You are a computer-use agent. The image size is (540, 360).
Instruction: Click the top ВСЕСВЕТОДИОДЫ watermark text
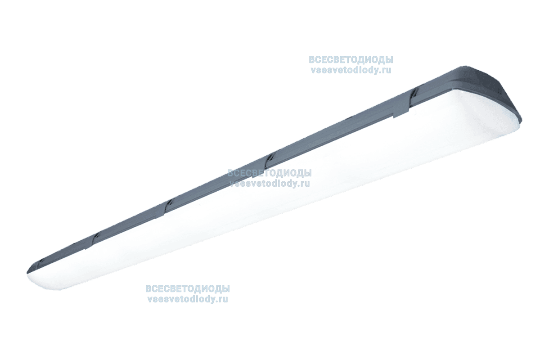click(351, 60)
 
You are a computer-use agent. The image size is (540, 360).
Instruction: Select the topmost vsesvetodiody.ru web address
click(351, 70)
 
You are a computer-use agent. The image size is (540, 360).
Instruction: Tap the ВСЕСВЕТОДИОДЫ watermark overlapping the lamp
click(269, 173)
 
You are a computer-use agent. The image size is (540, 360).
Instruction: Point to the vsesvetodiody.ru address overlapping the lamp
click(270, 184)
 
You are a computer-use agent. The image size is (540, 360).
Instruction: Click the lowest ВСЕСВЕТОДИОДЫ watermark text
click(188, 288)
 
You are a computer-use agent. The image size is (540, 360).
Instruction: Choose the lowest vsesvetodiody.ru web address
click(188, 299)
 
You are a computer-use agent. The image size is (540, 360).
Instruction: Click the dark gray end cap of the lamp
click(485, 89)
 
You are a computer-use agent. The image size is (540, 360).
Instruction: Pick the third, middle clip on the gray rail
click(169, 202)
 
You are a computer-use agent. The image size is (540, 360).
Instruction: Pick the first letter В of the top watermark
click(311, 60)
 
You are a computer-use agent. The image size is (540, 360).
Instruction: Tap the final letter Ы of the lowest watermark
click(225, 288)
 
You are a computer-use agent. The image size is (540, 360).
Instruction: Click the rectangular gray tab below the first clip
click(401, 114)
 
